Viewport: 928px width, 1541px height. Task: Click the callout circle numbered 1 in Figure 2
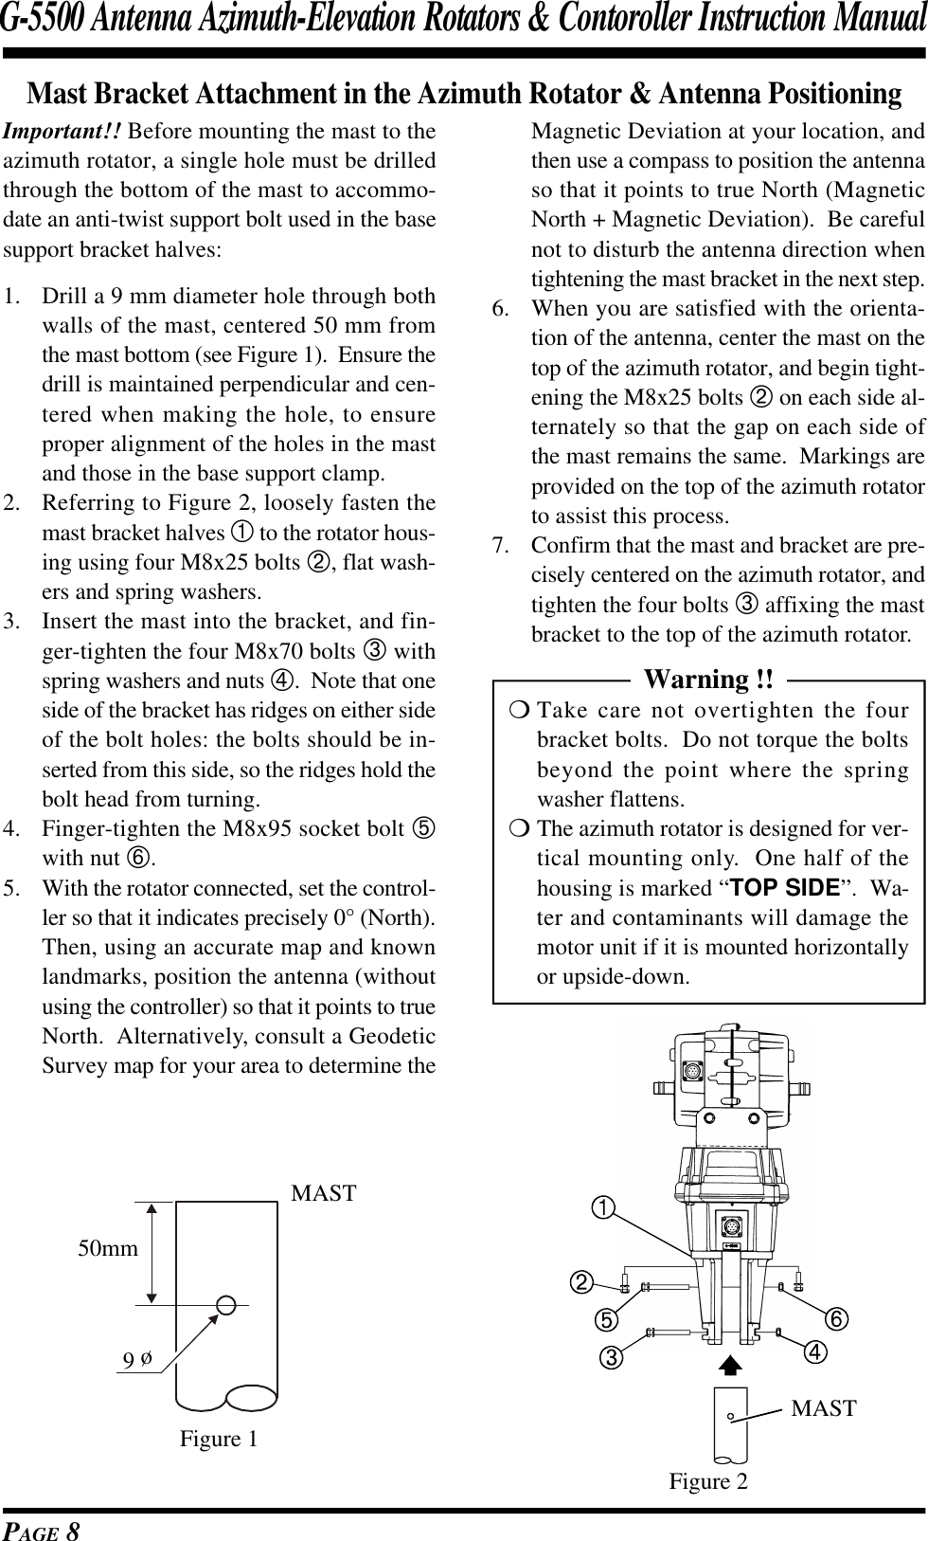[603, 1206]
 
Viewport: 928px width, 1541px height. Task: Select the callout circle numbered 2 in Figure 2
[580, 1282]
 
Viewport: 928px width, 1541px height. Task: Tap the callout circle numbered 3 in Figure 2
[614, 1358]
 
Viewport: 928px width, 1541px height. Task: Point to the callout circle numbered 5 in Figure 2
[607, 1319]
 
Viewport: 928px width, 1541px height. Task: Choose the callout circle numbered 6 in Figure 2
[835, 1319]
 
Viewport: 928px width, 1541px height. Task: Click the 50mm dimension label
[108, 1248]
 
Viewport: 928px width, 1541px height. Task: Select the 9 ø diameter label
[138, 1360]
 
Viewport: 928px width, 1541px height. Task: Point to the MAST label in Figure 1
[324, 1193]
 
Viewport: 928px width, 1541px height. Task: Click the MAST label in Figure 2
[824, 1408]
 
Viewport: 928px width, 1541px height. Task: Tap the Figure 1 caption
[219, 1439]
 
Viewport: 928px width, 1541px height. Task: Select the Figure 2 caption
[708, 1481]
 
